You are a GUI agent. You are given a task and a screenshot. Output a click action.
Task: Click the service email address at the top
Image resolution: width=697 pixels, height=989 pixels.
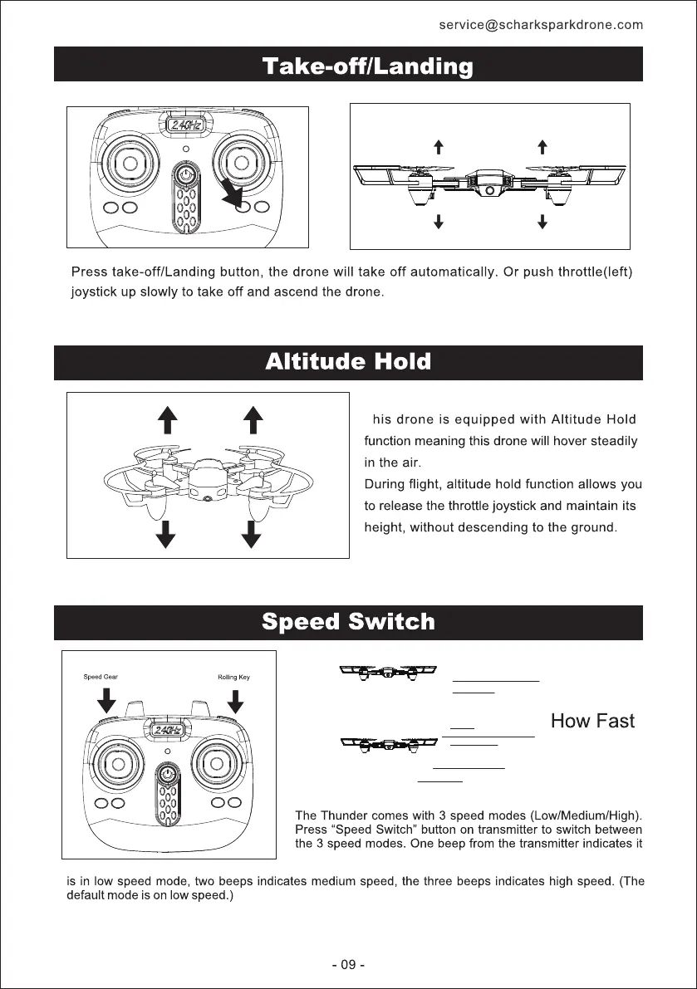(x=541, y=25)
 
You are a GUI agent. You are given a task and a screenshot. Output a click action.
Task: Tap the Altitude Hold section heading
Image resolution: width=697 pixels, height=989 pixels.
(x=348, y=362)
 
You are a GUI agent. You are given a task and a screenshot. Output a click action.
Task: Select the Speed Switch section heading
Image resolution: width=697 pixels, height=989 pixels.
(x=348, y=621)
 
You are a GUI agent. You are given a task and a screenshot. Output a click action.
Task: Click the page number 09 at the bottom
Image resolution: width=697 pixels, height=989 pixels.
(x=348, y=965)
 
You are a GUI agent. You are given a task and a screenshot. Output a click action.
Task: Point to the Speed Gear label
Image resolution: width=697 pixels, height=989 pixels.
(x=101, y=677)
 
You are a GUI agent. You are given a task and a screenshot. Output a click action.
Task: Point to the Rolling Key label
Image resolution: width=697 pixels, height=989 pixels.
(x=233, y=677)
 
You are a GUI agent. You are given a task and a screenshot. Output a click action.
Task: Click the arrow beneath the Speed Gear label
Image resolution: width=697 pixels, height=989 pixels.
(x=106, y=702)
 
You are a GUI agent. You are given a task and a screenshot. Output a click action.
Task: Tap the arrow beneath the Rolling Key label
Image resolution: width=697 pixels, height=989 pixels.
(x=236, y=702)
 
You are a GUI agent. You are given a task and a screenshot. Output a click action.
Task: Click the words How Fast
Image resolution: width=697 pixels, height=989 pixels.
(x=592, y=721)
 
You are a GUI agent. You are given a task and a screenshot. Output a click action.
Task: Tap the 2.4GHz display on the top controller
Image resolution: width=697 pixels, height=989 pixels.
(x=186, y=126)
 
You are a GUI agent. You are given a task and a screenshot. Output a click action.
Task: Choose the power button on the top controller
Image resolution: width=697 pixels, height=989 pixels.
(x=186, y=177)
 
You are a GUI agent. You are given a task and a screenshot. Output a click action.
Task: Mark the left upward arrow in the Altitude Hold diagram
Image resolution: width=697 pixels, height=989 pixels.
(x=169, y=419)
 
